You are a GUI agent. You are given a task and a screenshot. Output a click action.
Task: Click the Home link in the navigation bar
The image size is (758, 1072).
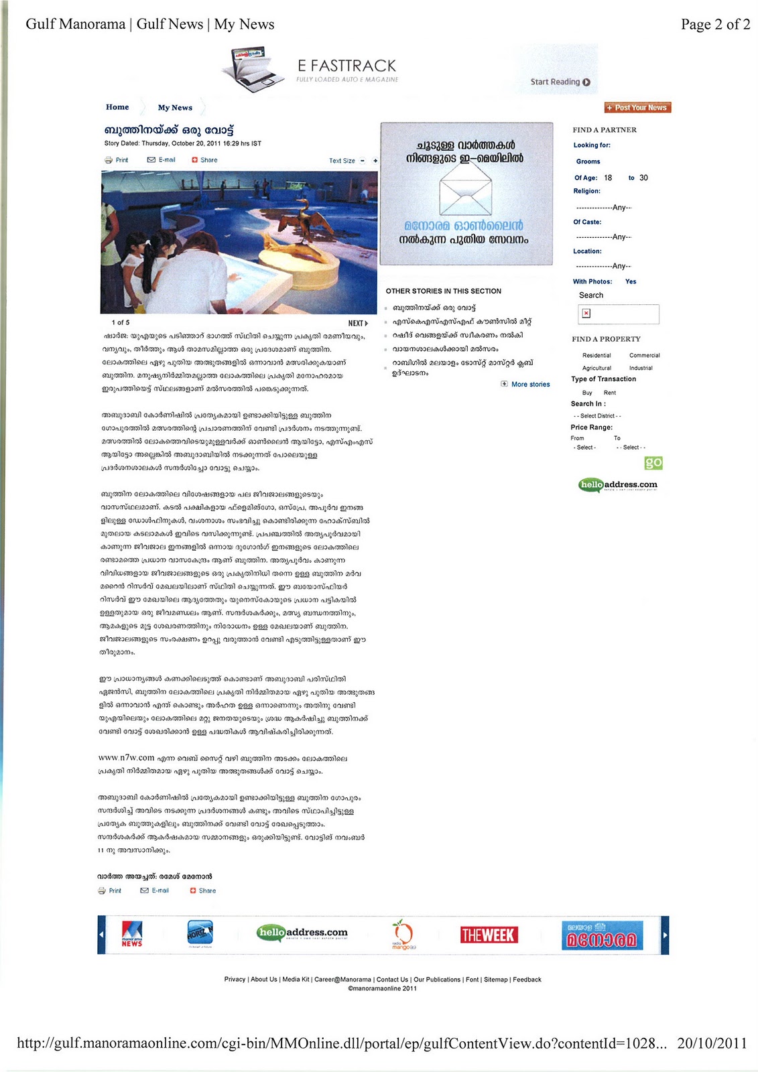[x=117, y=107]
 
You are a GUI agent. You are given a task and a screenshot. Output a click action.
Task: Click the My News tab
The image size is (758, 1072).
[x=175, y=108]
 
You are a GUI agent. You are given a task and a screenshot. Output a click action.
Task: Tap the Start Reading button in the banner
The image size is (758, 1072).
[x=560, y=82]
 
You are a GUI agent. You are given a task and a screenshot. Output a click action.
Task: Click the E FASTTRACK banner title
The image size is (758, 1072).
[x=346, y=66]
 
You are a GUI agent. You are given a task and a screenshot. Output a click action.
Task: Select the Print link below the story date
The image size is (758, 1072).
[x=117, y=160]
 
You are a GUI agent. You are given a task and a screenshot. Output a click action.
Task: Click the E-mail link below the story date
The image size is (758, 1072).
[x=162, y=160]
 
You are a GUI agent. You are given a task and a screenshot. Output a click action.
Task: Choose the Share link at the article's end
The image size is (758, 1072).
[x=203, y=890]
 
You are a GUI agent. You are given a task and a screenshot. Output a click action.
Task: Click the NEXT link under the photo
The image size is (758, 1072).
[x=358, y=323]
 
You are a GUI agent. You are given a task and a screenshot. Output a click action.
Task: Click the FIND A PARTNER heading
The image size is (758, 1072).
[x=605, y=130]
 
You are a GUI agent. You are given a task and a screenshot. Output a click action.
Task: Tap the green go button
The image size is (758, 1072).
[x=653, y=462]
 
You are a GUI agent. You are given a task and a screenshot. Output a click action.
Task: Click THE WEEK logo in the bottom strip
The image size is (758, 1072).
[x=487, y=935]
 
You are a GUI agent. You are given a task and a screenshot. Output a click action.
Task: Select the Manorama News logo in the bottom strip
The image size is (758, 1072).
[x=132, y=934]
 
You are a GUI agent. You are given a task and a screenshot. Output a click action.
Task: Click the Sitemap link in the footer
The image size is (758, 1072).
[x=495, y=980]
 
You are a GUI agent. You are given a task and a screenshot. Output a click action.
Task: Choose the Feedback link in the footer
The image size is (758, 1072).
[x=527, y=980]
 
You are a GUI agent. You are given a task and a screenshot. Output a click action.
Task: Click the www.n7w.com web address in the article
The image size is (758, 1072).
[x=127, y=758]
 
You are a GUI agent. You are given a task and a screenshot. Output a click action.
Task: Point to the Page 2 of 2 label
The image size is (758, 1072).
[x=715, y=24]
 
